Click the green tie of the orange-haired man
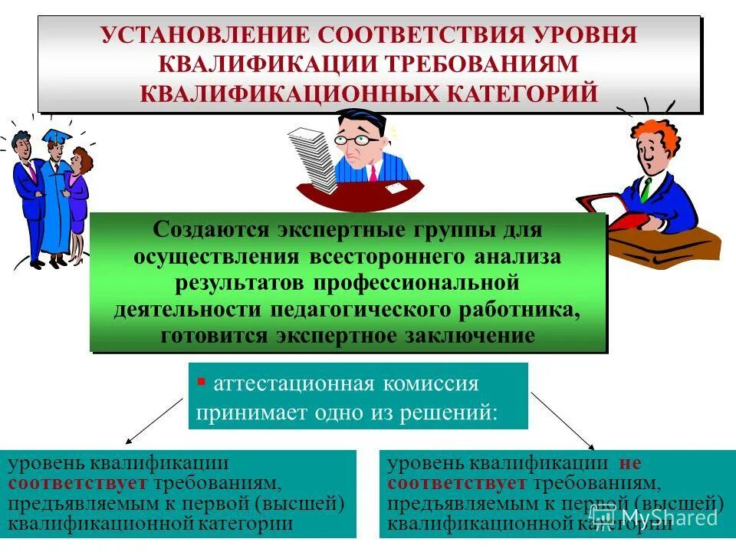click(x=646, y=189)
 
